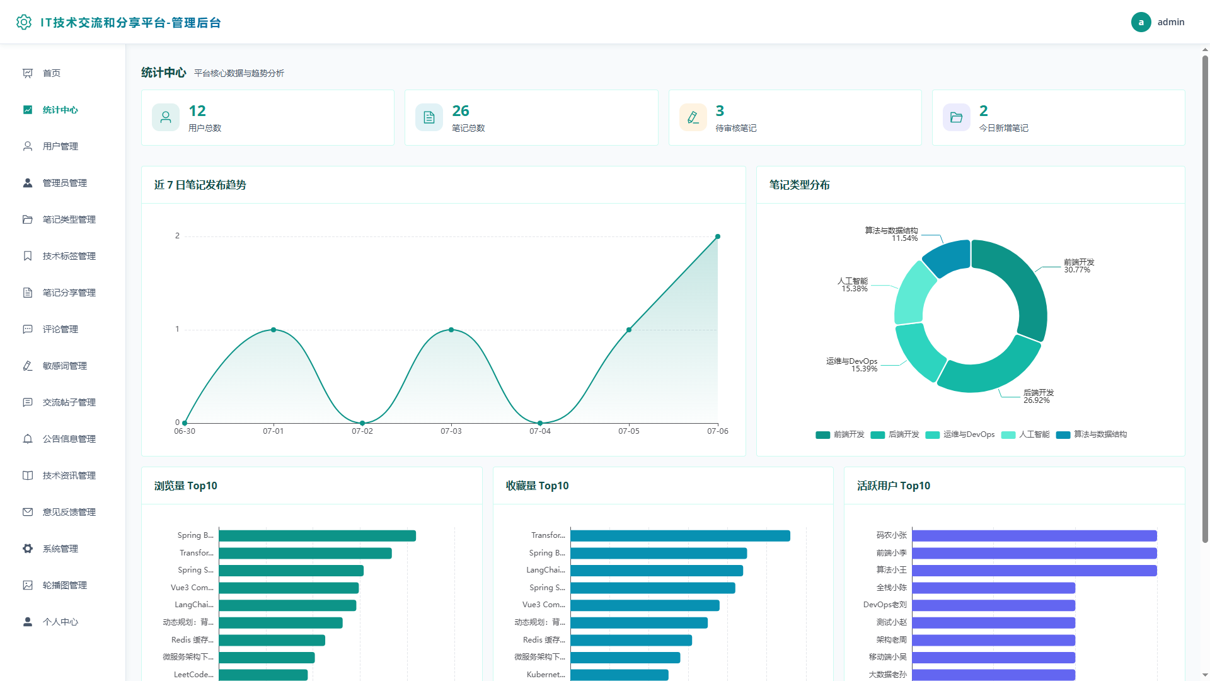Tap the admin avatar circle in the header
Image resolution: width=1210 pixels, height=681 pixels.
tap(1141, 22)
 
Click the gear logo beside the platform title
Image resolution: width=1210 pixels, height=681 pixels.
tap(24, 22)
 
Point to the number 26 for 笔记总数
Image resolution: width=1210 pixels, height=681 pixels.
tap(461, 111)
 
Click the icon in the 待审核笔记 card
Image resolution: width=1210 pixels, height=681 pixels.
tap(693, 117)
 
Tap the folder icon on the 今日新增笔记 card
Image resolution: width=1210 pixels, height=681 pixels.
tap(956, 117)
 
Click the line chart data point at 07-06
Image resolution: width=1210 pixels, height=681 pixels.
tap(717, 236)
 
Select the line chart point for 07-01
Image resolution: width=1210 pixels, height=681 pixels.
tap(274, 330)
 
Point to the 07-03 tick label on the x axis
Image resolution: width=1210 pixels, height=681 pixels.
tap(451, 431)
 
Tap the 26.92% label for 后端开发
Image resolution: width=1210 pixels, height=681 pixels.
tap(1037, 400)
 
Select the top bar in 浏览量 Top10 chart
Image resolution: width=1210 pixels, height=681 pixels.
tap(318, 536)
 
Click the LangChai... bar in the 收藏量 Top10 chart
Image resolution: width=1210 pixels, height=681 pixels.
tap(657, 571)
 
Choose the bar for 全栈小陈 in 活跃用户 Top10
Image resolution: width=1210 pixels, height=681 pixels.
tap(993, 588)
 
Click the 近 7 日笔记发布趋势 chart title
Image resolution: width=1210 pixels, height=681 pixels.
tap(200, 185)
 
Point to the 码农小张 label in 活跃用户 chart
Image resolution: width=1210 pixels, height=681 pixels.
tap(891, 535)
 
